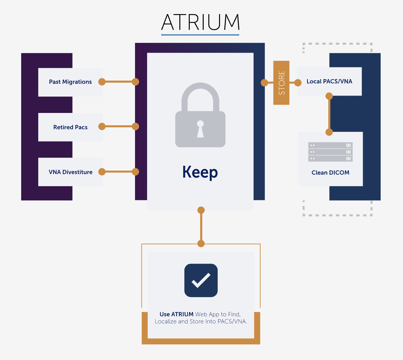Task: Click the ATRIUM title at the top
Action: pyautogui.click(x=200, y=22)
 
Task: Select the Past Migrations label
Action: pyautogui.click(x=70, y=82)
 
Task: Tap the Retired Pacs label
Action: pyautogui.click(x=70, y=127)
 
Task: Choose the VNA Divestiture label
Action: pyautogui.click(x=71, y=172)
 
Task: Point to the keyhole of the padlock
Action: pyautogui.click(x=200, y=128)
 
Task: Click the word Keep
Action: pyautogui.click(x=200, y=172)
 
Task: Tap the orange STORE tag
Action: pyautogui.click(x=281, y=83)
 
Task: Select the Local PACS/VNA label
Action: pyautogui.click(x=329, y=81)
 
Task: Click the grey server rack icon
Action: pyautogui.click(x=330, y=152)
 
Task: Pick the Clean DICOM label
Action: pyautogui.click(x=330, y=173)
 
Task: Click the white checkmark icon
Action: pyautogui.click(x=201, y=280)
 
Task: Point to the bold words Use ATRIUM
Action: pyautogui.click(x=176, y=314)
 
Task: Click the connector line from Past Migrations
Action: pyautogui.click(x=119, y=82)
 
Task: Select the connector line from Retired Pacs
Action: pyautogui.click(x=119, y=126)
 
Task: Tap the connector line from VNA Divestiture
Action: pyautogui.click(x=119, y=172)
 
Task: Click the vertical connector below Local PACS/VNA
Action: pyautogui.click(x=329, y=114)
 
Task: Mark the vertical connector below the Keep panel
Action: pyautogui.click(x=201, y=227)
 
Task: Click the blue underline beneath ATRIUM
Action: pyautogui.click(x=200, y=35)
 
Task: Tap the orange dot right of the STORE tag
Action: pyautogui.click(x=298, y=83)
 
